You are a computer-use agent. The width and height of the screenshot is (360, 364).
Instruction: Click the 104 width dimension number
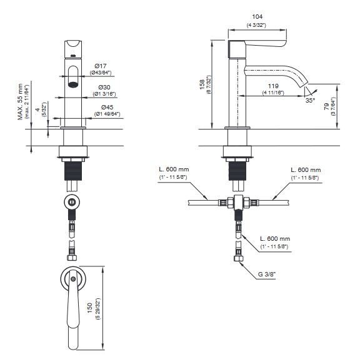pos(257,17)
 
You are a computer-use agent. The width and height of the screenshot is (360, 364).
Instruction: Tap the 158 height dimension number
pos(202,84)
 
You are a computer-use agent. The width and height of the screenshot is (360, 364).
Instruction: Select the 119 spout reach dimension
pos(273,86)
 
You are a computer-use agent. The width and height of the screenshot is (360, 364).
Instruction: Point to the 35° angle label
pos(310,100)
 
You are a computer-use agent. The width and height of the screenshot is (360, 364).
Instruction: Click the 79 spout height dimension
pos(326,106)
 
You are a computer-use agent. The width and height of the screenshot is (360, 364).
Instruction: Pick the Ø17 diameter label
pos(101,66)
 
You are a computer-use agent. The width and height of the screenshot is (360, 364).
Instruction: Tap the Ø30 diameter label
pos(104,88)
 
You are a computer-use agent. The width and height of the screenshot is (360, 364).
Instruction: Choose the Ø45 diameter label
pos(107,107)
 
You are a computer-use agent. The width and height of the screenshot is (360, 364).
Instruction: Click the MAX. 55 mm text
pos(21,102)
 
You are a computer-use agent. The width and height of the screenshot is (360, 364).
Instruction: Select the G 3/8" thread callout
pos(267,275)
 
